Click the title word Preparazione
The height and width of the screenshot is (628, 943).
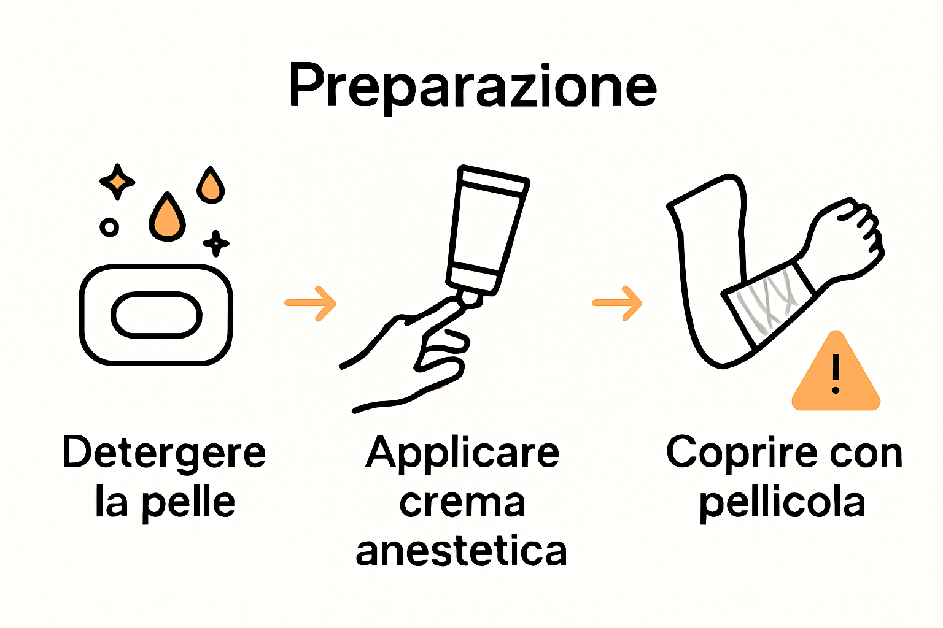click(x=473, y=86)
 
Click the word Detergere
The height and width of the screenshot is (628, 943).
click(x=164, y=454)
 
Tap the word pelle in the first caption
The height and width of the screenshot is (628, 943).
click(x=188, y=504)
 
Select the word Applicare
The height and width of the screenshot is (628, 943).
click(x=462, y=454)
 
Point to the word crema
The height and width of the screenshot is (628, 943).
click(x=462, y=504)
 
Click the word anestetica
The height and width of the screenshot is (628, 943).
click(x=461, y=551)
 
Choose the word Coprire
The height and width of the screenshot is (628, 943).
click(x=742, y=454)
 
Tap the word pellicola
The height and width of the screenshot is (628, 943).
click(x=782, y=504)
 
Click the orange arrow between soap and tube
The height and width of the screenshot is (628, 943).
click(x=311, y=303)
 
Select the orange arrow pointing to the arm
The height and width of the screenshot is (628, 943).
click(x=617, y=303)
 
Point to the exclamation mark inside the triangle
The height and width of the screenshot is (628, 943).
click(x=836, y=373)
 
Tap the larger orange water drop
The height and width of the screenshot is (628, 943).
click(x=167, y=219)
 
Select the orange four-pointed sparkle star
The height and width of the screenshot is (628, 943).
click(x=117, y=182)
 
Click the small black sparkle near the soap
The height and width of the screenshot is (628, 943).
click(x=215, y=243)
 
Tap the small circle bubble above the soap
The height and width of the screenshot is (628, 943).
click(x=109, y=228)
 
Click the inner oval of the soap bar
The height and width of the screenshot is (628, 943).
click(x=156, y=315)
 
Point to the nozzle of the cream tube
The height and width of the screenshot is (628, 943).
click(x=470, y=298)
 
